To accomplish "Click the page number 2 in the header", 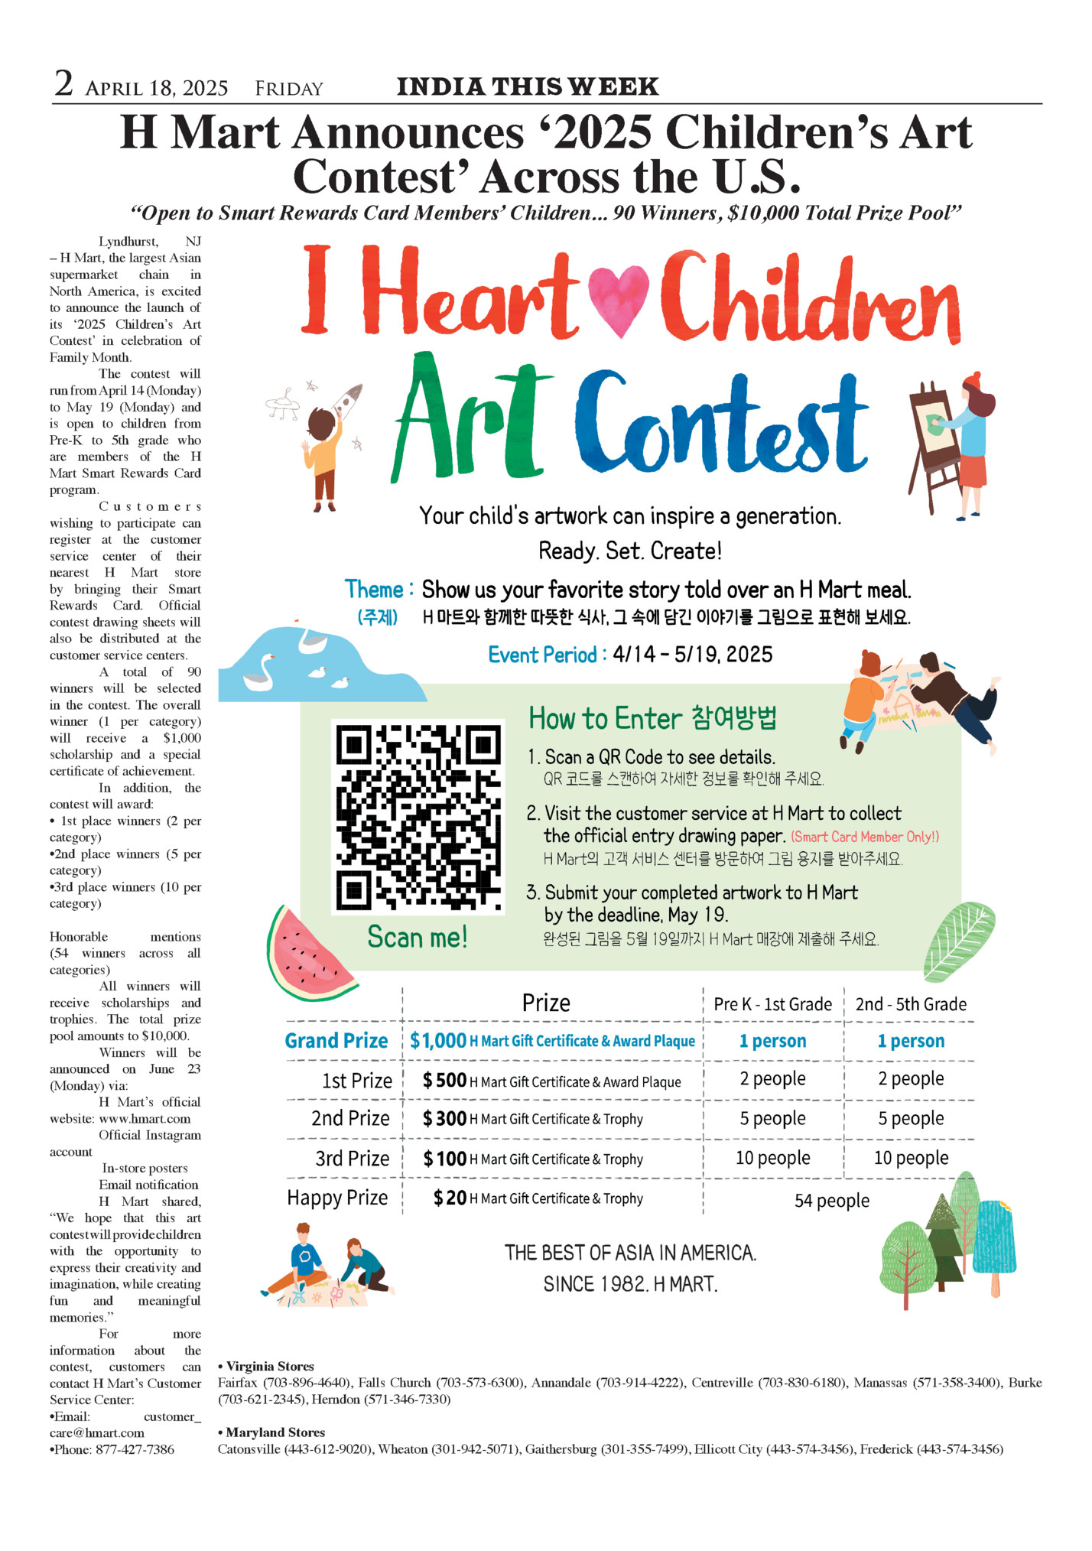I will coord(63,83).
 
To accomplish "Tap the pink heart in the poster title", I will coord(619,299).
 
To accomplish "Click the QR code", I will coord(418,816).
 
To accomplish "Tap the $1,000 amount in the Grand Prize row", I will coord(438,1040).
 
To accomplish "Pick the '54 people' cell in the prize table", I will coord(831,1200).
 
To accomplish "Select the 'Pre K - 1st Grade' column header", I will coord(772,1004).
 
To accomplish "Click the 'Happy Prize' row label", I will coord(337,1198).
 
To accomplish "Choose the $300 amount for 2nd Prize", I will coord(444,1119).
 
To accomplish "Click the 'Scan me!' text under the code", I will coord(417,937).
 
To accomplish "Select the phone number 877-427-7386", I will coord(135,1449).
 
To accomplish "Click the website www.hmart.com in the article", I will coord(145,1119).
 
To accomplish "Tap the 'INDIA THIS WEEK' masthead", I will coord(527,86).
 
